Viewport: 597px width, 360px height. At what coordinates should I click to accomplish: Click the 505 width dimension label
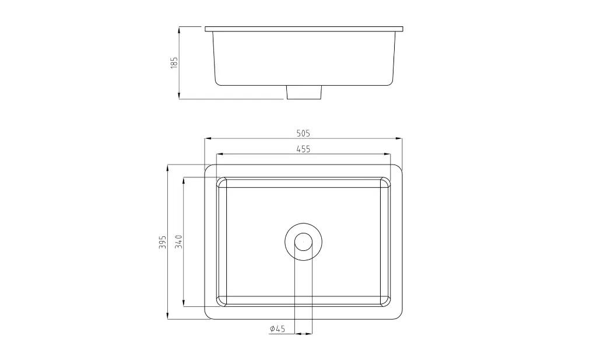[x=303, y=134]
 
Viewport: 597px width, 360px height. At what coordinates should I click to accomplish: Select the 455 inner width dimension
[x=303, y=149]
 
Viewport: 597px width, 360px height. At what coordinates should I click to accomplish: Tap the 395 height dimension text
[x=163, y=242]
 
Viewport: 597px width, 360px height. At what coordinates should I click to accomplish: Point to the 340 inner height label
[x=178, y=242]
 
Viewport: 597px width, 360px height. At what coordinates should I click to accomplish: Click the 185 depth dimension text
[x=174, y=62]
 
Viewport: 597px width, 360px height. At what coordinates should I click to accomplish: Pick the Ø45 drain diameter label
[x=277, y=328]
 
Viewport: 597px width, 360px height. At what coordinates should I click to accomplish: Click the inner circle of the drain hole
[x=303, y=242]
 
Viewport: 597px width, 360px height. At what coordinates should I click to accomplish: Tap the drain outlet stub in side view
[x=304, y=92]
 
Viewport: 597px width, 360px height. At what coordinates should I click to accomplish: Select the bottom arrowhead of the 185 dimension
[x=179, y=96]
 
